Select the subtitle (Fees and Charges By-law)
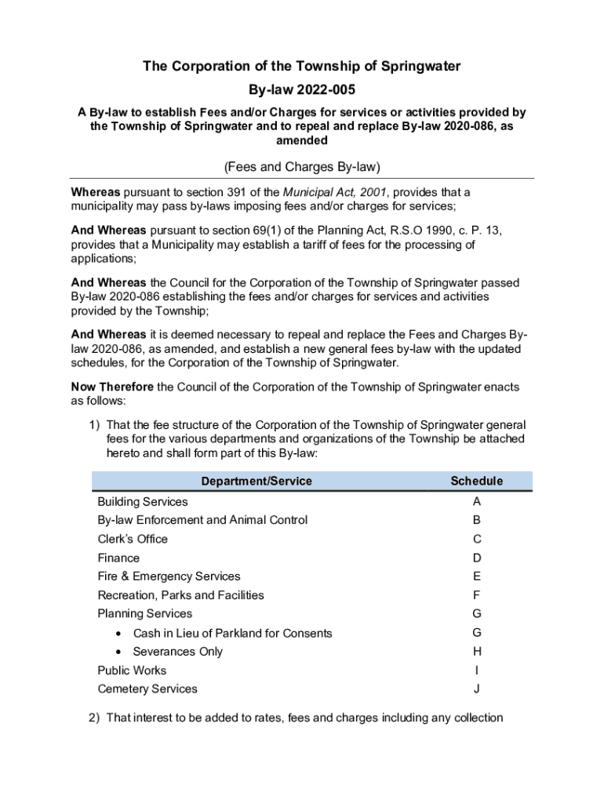302,166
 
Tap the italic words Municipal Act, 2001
342,192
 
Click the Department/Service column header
257,481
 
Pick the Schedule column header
477,481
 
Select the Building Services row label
143,501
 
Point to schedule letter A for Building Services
477,501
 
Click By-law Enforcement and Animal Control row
202,520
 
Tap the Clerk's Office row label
133,539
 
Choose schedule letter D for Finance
477,558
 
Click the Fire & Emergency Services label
169,576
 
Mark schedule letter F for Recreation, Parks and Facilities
477,595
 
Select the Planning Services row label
144,614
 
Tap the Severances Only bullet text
178,652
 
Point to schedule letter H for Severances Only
477,652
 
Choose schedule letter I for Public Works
477,670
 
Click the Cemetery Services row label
147,689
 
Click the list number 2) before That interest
94,718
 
